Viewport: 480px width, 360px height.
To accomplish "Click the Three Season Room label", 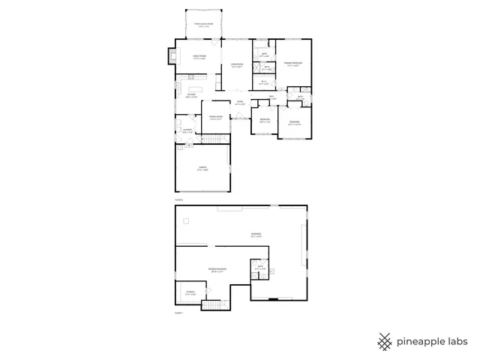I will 204,25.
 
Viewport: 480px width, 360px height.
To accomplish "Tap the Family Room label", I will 200,57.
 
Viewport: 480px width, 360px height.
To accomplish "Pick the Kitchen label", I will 191,95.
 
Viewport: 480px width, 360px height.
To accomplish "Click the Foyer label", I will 239,103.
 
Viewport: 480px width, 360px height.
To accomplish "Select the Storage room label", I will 190,292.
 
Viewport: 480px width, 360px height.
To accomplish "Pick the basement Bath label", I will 260,268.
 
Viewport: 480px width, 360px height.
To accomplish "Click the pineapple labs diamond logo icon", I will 385,341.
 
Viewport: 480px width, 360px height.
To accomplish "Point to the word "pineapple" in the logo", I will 416,341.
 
